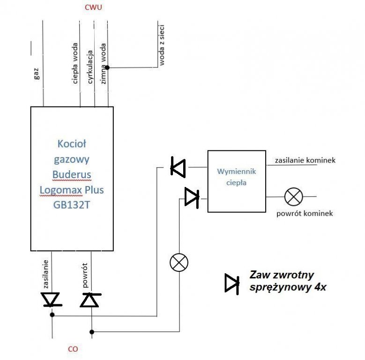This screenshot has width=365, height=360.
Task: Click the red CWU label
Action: tap(94, 8)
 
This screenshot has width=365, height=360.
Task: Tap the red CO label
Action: tap(73, 349)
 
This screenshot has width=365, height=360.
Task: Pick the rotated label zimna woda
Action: tap(103, 64)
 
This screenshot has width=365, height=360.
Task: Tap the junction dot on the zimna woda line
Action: tap(108, 68)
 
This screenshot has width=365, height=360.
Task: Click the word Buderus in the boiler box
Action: tap(72, 175)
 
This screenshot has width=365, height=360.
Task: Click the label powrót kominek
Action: tap(305, 213)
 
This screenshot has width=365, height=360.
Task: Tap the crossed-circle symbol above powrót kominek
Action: tap(294, 197)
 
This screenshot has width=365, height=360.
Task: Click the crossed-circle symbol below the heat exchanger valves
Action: tap(179, 262)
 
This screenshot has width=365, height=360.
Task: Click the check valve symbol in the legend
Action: tap(232, 283)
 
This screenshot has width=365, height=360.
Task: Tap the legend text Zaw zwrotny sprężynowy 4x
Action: tap(289, 281)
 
